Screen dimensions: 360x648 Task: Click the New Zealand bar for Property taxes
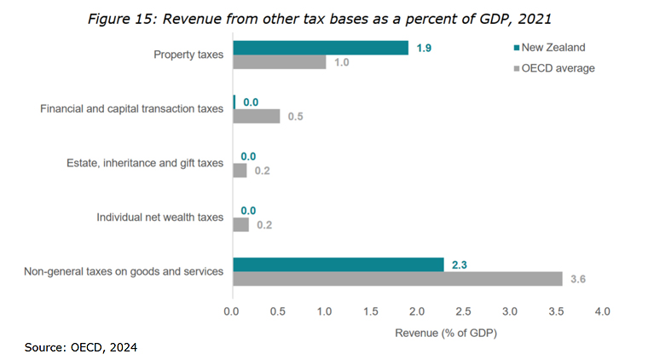coord(320,48)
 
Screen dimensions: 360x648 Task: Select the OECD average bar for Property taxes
coord(279,62)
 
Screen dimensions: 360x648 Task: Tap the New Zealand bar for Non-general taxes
coord(338,264)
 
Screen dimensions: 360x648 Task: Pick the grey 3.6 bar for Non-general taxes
coord(397,279)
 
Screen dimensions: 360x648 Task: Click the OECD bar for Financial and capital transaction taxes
coord(256,116)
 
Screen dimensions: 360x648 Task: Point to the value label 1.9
coord(424,48)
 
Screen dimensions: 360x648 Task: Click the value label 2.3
coord(460,264)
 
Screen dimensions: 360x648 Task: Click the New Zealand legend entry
coord(550,48)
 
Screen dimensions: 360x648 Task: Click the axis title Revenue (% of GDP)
coord(446,333)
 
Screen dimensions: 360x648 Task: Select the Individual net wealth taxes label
coord(160,218)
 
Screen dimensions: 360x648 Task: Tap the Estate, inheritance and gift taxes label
coord(145,163)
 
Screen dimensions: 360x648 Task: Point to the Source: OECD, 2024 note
coord(81,347)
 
